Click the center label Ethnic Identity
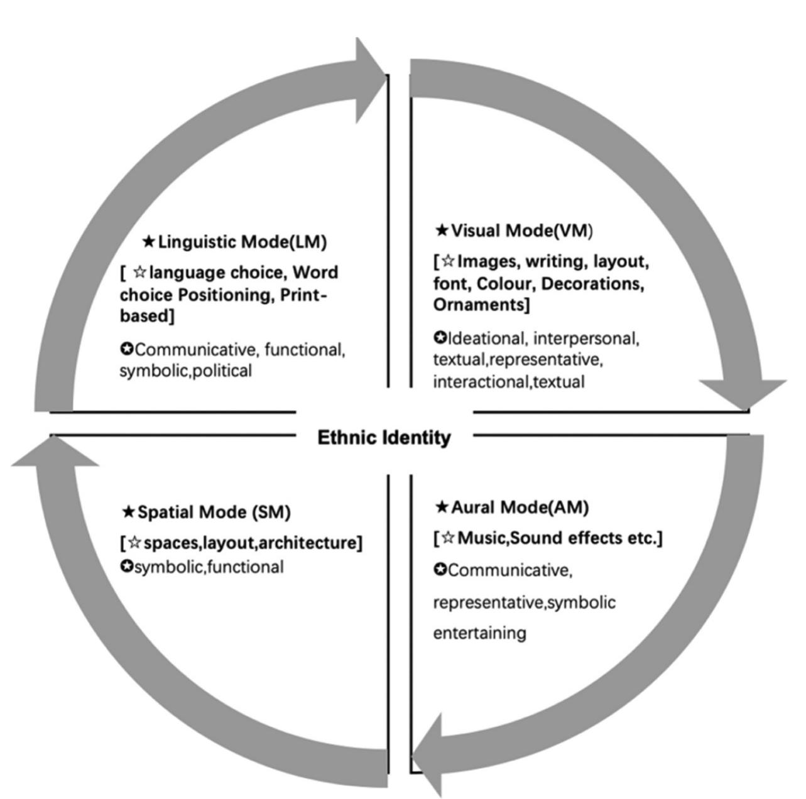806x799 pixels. click(384, 438)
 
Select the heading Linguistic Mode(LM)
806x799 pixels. click(242, 242)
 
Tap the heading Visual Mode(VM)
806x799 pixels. click(521, 231)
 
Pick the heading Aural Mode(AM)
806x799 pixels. click(520, 508)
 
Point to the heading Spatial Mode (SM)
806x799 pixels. click(214, 513)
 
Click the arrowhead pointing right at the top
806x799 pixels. click(370, 80)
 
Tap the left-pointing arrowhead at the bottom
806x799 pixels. click(427, 756)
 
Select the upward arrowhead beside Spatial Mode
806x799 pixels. click(55, 451)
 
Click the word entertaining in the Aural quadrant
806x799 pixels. click(480, 633)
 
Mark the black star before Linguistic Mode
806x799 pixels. click(148, 241)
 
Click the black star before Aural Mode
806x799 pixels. click(442, 507)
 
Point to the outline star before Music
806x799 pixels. click(448, 538)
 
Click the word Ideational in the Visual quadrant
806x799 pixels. click(486, 339)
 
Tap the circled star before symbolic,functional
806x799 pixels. click(126, 567)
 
